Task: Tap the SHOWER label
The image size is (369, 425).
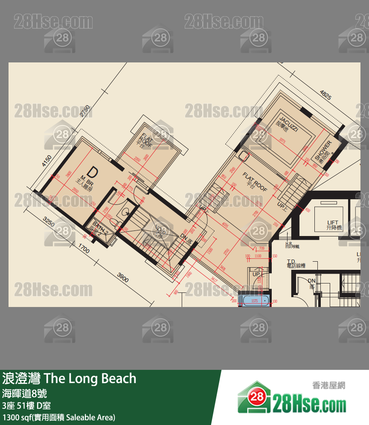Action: pyautogui.click(x=323, y=151)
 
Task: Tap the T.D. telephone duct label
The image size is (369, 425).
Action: pyautogui.click(x=296, y=263)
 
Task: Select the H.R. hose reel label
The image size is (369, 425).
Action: pyautogui.click(x=292, y=245)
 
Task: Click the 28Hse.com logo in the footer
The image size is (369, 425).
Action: pyautogui.click(x=293, y=397)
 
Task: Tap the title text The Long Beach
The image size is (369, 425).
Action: pyautogui.click(x=90, y=378)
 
